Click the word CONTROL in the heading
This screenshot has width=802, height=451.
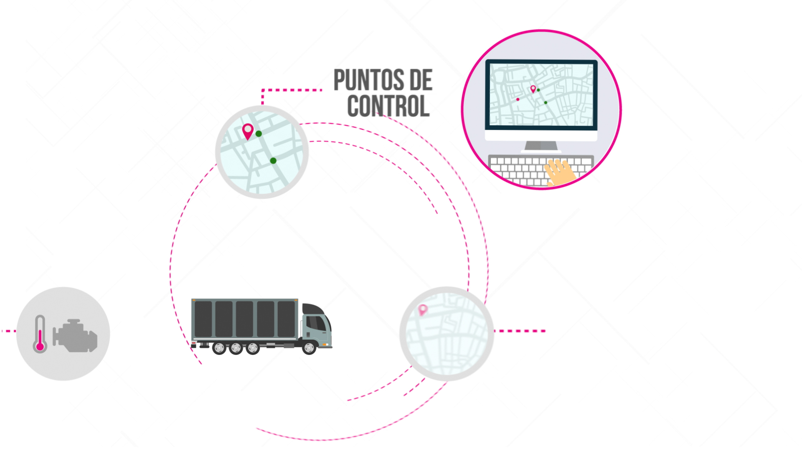click(x=388, y=106)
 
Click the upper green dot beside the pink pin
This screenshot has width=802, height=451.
click(x=259, y=134)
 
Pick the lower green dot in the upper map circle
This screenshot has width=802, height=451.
click(x=273, y=161)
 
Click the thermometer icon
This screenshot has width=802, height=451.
click(x=40, y=334)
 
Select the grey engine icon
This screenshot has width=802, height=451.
click(x=75, y=336)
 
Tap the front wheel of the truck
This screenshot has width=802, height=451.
click(x=309, y=348)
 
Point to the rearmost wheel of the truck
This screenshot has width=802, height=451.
click(x=219, y=348)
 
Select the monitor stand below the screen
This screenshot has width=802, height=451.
click(x=541, y=146)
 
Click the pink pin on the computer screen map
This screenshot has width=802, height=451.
click(x=533, y=89)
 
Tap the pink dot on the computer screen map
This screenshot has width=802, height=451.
click(x=518, y=99)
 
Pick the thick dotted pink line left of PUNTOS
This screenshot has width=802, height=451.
click(x=292, y=90)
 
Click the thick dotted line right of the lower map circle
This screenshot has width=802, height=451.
click(x=520, y=331)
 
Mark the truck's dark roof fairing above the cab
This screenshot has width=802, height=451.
click(x=314, y=309)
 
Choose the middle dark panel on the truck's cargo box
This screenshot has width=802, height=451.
click(x=244, y=319)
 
